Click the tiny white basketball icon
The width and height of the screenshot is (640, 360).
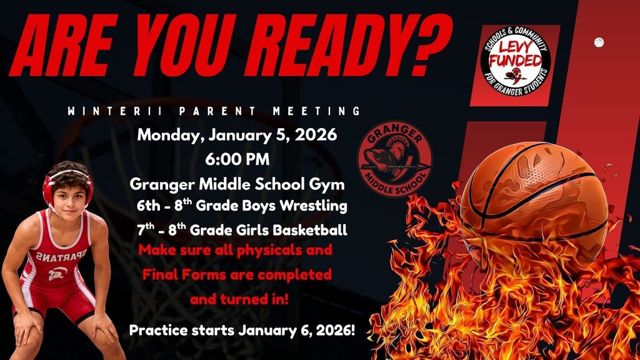click(x=598, y=42)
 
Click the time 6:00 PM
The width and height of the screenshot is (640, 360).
click(x=237, y=159)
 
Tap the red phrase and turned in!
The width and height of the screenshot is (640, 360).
click(x=239, y=299)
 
